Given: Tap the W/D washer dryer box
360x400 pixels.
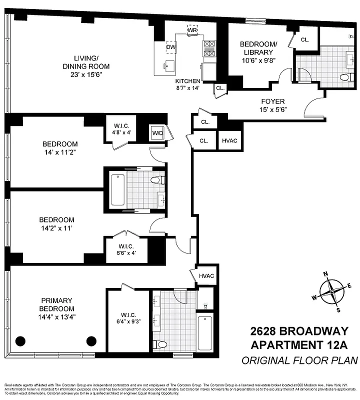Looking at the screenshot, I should click(157, 133).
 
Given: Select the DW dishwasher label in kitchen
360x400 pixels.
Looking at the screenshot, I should click(170, 47).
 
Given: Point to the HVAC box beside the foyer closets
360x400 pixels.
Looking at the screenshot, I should click(229, 140).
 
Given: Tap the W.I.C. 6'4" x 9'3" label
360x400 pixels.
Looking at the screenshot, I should click(125, 318).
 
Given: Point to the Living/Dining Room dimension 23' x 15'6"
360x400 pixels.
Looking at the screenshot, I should click(85, 75).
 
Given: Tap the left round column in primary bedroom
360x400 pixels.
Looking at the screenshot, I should click(20, 341).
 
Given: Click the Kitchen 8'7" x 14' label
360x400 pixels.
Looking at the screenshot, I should click(187, 84).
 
